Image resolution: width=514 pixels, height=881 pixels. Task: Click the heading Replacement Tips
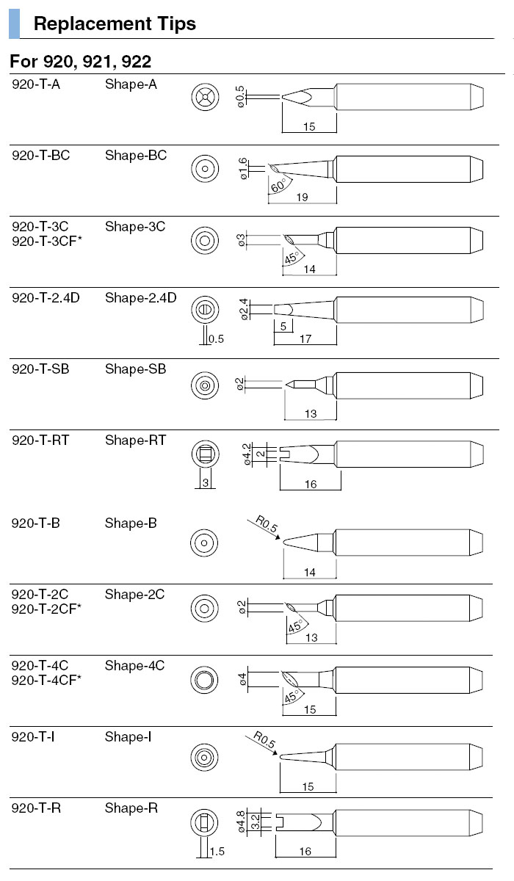[x=115, y=23]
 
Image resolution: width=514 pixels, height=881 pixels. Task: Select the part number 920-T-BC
[x=41, y=156]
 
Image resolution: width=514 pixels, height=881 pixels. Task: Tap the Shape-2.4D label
[x=140, y=298]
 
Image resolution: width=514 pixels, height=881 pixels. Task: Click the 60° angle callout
[x=278, y=186]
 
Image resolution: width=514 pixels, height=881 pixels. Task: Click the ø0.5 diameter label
[x=240, y=97]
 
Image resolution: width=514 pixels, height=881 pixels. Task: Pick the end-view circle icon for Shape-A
[x=204, y=96]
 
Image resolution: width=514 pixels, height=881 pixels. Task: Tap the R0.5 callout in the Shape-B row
[x=267, y=526]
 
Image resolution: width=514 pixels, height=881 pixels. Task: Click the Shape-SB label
[x=135, y=369]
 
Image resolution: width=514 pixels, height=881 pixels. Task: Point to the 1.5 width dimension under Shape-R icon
[x=217, y=852]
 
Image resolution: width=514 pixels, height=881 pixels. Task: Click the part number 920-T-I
[x=33, y=736]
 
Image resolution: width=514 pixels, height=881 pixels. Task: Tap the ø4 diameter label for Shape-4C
[x=242, y=679]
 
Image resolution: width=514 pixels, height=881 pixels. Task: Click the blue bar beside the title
[x=15, y=24]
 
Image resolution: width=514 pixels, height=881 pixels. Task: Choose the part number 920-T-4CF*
[x=47, y=680]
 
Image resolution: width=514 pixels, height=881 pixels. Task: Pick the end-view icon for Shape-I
[x=204, y=757]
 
